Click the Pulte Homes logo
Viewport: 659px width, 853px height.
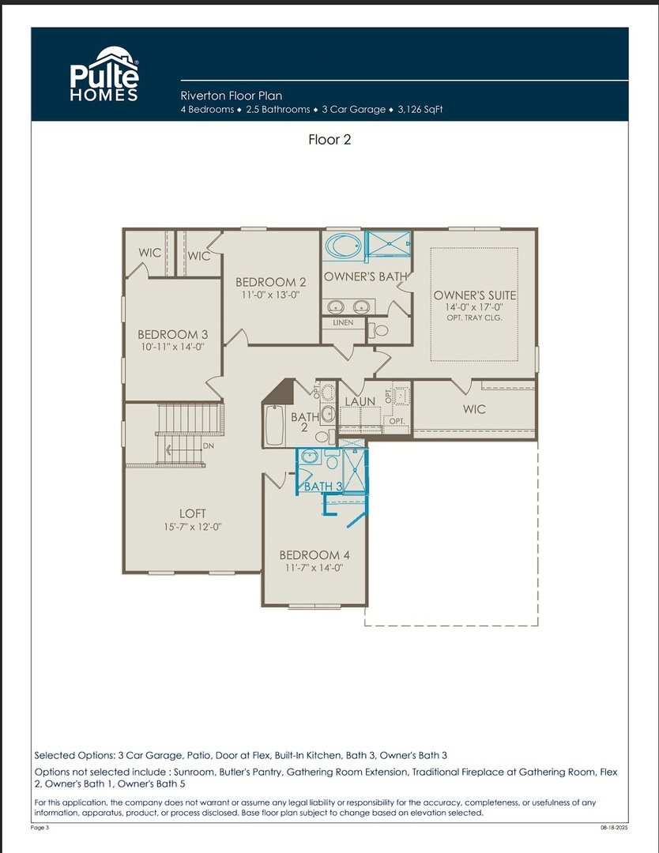(x=104, y=73)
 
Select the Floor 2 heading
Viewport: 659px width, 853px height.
(x=329, y=140)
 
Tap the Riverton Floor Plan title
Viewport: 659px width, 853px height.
(x=232, y=96)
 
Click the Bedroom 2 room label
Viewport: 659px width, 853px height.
(x=270, y=282)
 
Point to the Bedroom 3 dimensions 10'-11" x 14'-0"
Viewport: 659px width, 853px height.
(x=172, y=347)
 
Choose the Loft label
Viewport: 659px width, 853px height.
(x=193, y=513)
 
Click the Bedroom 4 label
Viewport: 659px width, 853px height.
(x=314, y=555)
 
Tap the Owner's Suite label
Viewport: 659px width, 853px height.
(x=475, y=295)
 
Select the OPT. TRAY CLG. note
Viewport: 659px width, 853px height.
(x=475, y=318)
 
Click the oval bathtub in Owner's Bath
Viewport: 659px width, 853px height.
(x=343, y=246)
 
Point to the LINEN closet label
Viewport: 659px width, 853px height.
(x=343, y=322)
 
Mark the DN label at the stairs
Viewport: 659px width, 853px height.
(x=209, y=446)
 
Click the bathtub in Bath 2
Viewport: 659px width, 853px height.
(x=274, y=425)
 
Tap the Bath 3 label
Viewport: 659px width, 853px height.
(x=323, y=487)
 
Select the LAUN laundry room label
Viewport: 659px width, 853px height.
(x=360, y=401)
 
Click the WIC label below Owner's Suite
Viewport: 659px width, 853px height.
(x=474, y=409)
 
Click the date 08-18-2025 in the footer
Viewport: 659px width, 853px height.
(x=615, y=828)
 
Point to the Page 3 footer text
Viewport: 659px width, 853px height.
(x=40, y=828)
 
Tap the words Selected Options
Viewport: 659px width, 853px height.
(x=74, y=756)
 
